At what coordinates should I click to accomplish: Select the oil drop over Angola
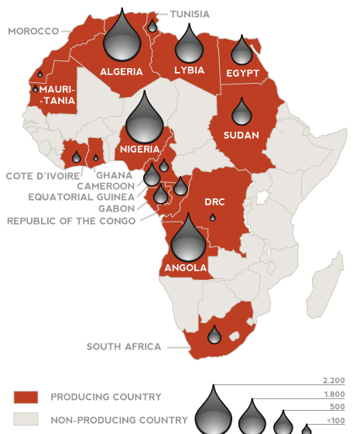(x=187, y=239)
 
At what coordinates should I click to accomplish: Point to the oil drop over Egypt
(x=243, y=51)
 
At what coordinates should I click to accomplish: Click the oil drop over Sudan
(x=242, y=112)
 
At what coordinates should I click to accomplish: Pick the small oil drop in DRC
(x=213, y=218)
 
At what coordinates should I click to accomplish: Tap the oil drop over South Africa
(x=214, y=334)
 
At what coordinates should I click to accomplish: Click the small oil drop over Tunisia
(x=153, y=26)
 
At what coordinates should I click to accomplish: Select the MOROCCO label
(x=33, y=31)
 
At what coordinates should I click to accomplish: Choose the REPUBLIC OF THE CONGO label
(x=71, y=221)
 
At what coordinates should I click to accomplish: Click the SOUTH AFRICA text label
(x=123, y=346)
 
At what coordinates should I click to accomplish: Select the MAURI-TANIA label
(x=56, y=95)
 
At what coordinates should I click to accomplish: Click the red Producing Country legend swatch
(x=26, y=398)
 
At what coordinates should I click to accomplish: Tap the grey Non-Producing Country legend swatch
(x=26, y=420)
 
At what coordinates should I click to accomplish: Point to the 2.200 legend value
(x=334, y=381)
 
